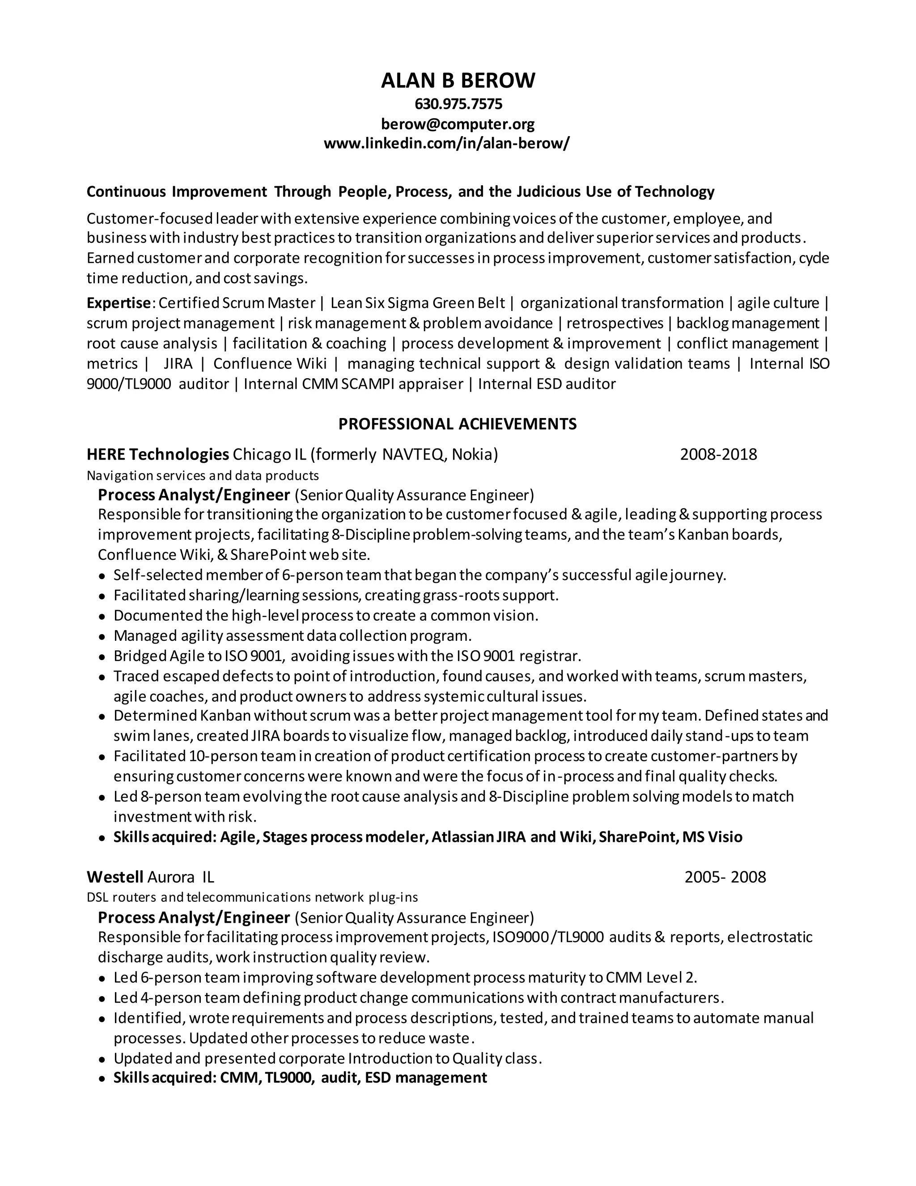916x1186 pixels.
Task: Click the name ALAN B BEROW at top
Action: pyautogui.click(x=458, y=81)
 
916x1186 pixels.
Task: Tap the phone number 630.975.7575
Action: pyautogui.click(x=458, y=104)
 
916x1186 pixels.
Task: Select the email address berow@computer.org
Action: pyautogui.click(x=458, y=124)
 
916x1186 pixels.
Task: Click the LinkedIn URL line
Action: pyautogui.click(x=447, y=144)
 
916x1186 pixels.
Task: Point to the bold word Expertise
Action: pyautogui.click(x=118, y=303)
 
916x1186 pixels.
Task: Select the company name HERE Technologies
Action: pyautogui.click(x=157, y=454)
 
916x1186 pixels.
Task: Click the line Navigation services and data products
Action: pyautogui.click(x=203, y=476)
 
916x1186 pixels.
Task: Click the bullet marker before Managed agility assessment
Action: pyautogui.click(x=102, y=637)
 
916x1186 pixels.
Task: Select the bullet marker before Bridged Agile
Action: pyautogui.click(x=102, y=657)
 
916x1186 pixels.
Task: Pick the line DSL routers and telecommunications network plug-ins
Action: pyautogui.click(x=252, y=897)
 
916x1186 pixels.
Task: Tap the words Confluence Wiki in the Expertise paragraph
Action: pyautogui.click(x=270, y=363)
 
